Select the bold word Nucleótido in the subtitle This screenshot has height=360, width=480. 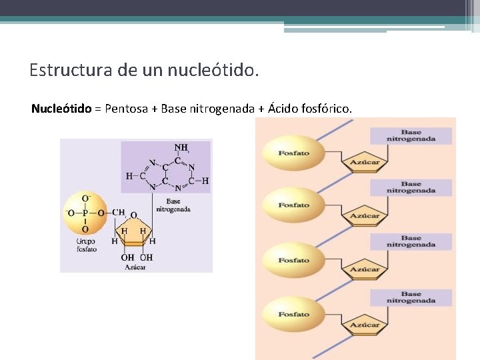61,108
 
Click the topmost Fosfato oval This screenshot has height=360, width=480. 293,153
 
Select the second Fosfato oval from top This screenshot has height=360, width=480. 293,205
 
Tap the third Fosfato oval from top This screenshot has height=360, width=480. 293,261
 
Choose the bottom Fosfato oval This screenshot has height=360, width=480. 293,314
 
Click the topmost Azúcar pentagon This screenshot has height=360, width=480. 365,161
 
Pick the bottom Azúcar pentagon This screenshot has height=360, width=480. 365,324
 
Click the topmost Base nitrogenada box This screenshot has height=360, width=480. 420,135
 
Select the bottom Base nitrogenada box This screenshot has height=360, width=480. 420,297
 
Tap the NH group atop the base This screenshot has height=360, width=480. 181,147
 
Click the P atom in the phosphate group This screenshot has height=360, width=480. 85,213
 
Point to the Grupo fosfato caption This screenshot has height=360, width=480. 86,245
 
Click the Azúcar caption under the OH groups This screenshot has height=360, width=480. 135,267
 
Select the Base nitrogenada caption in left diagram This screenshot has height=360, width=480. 173,205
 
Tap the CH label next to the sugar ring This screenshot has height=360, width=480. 118,213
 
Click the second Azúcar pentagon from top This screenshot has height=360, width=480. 365,215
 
